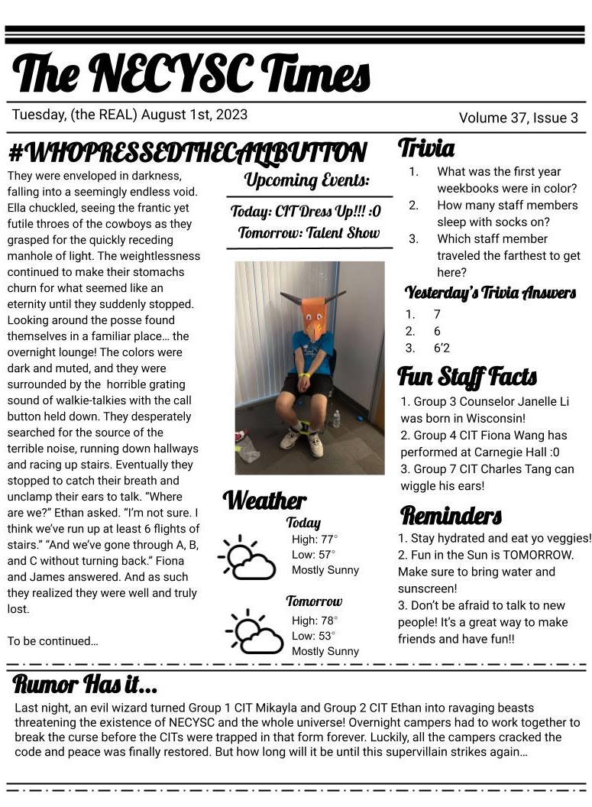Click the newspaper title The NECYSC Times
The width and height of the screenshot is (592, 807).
tap(191, 74)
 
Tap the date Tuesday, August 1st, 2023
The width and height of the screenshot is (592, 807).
tap(130, 115)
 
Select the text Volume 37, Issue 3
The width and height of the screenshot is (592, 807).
tap(518, 118)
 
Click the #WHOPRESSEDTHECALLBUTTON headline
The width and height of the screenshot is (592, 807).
tap(187, 153)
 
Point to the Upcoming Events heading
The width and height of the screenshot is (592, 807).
tap(307, 181)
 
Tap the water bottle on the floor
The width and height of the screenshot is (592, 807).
tap(336, 419)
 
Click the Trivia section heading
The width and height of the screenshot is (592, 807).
tap(426, 148)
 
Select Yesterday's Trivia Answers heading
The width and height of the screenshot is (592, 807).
tap(490, 293)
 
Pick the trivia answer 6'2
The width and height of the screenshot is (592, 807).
tap(442, 348)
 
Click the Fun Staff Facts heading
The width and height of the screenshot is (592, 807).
tap(467, 377)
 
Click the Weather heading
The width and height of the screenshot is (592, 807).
tap(264, 501)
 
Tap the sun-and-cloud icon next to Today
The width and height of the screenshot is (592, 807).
tap(247, 558)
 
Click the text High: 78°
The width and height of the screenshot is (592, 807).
tap(315, 620)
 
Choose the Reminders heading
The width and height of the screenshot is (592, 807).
tap(451, 515)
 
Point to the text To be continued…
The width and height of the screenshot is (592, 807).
tap(53, 641)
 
